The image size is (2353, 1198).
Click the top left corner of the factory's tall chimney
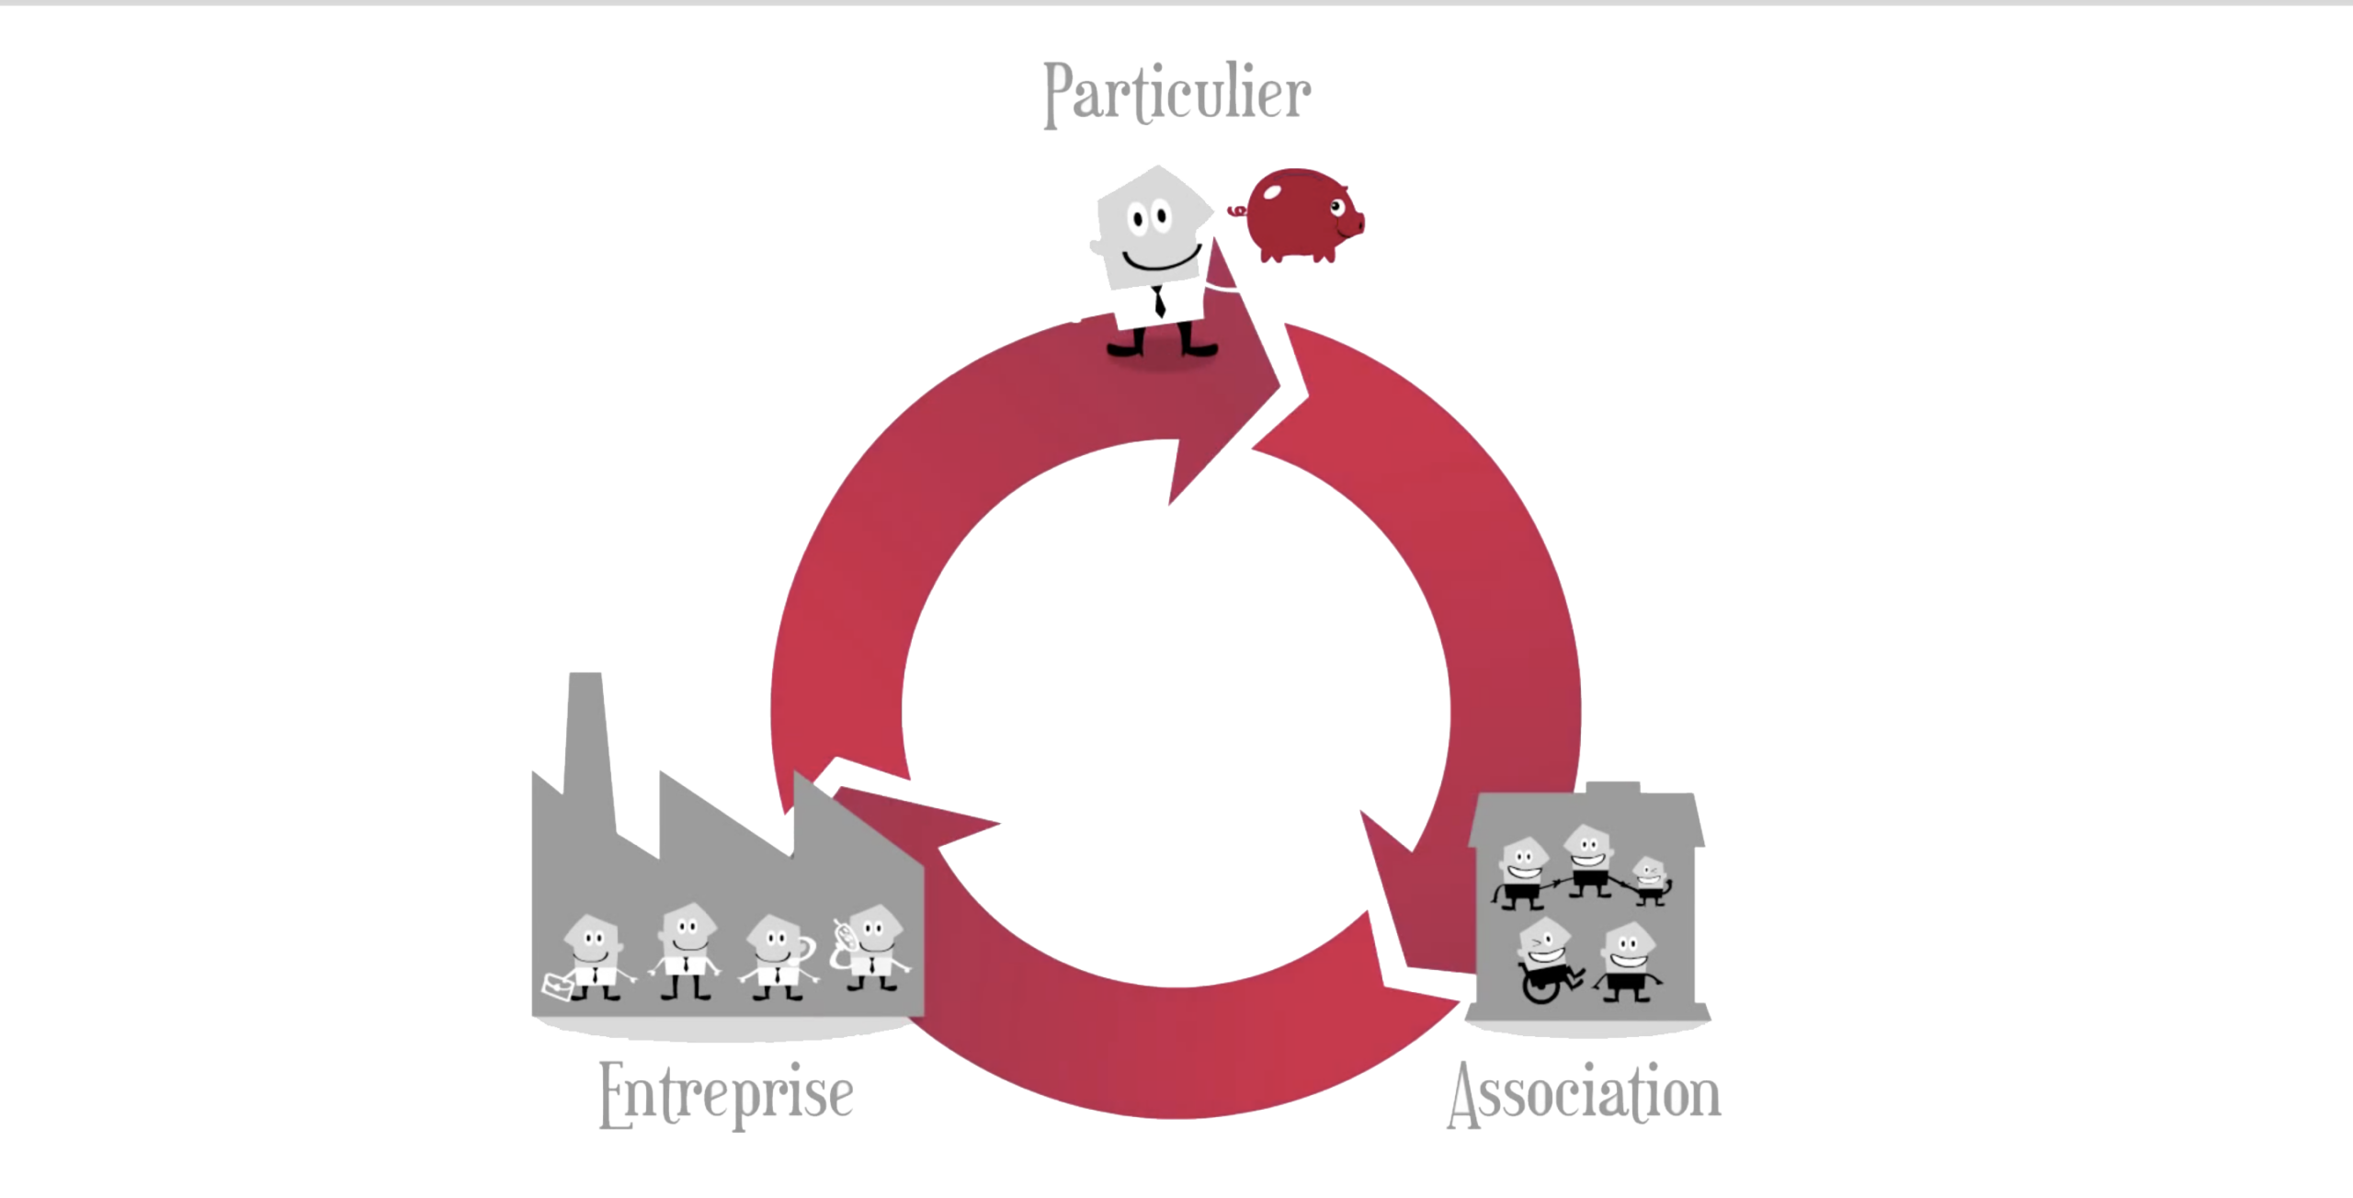pyautogui.click(x=571, y=673)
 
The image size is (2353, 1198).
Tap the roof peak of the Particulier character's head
pyautogui.click(x=1157, y=166)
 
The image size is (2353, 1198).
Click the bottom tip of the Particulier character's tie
pyautogui.click(x=1161, y=317)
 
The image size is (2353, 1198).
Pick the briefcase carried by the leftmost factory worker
pyautogui.click(x=558, y=986)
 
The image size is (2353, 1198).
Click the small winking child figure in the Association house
pyautogui.click(x=1650, y=880)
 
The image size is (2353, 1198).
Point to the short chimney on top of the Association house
pyautogui.click(x=1613, y=788)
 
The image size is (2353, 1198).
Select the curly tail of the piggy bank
pyautogui.click(x=1237, y=211)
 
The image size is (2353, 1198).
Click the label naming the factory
pyautogui.click(x=726, y=1094)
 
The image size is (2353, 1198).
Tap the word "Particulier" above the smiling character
pyautogui.click(x=1177, y=94)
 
